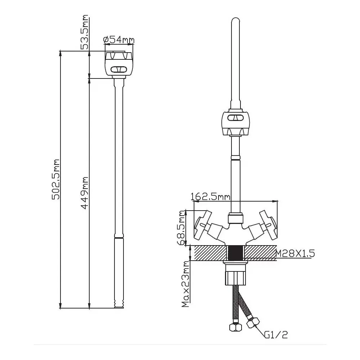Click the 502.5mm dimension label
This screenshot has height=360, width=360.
56,179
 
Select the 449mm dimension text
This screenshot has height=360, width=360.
85,193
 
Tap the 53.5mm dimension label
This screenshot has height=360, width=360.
85,32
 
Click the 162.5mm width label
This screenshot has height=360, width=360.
210,197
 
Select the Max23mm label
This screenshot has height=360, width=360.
185,284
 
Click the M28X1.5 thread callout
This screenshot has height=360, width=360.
295,254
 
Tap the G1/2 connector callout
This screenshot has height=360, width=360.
276,335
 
